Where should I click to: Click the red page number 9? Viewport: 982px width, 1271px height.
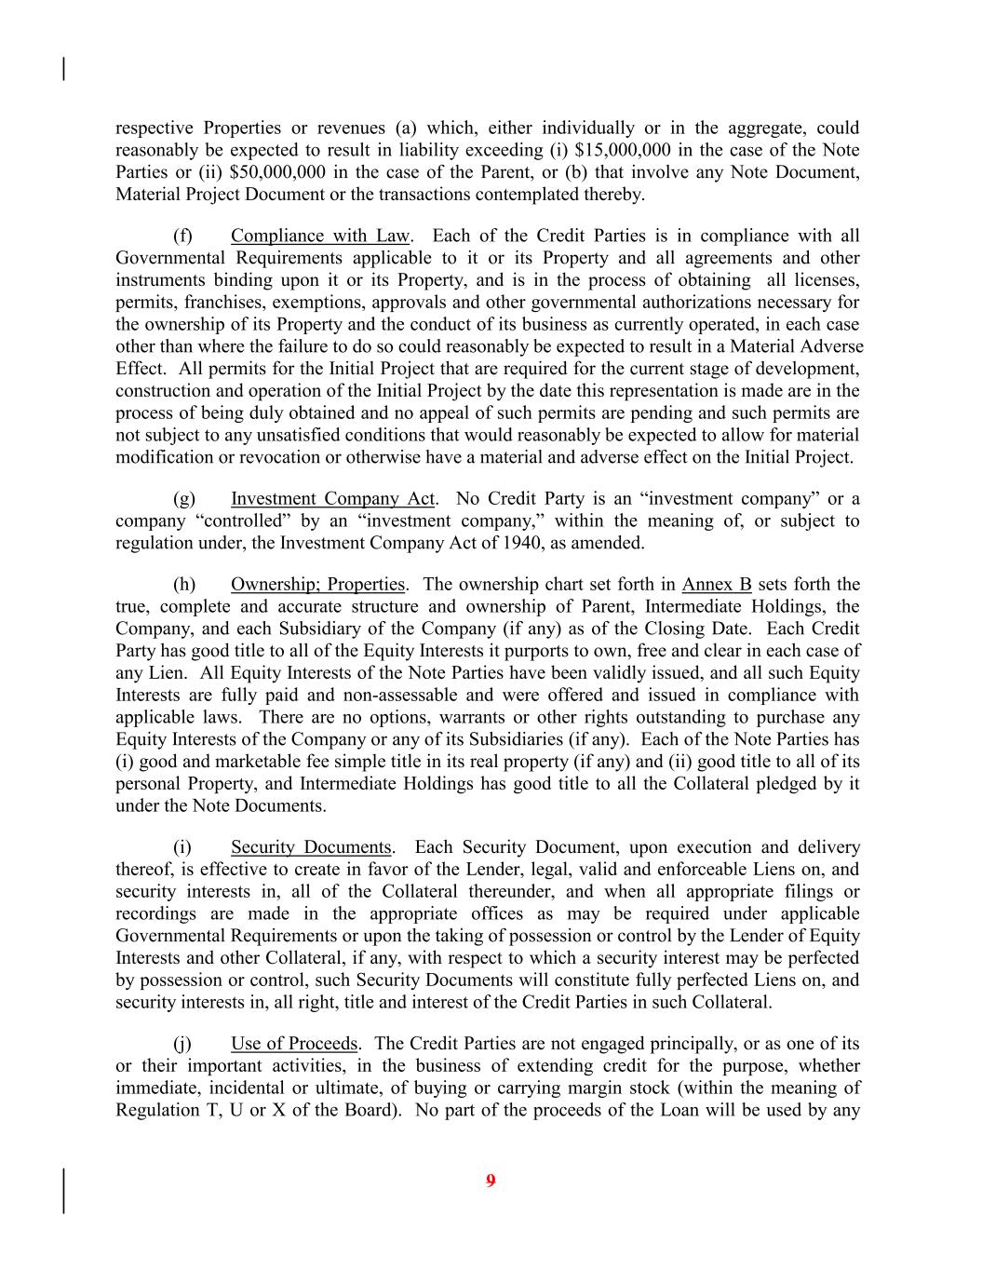[491, 1182]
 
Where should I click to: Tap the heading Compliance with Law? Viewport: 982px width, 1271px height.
[319, 237]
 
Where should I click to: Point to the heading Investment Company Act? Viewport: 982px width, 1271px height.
[332, 499]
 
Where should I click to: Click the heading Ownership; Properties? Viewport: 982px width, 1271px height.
[317, 585]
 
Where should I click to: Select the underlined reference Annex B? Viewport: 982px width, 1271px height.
[716, 585]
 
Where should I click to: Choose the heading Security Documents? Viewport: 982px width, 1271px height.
[311, 847]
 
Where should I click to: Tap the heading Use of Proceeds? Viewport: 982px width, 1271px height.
[293, 1044]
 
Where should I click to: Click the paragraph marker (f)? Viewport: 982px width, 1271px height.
[183, 237]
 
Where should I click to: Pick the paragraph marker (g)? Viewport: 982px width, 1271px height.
[184, 499]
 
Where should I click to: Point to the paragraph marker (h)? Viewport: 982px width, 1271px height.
[184, 585]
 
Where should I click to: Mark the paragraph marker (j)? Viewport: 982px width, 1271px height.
[183, 1044]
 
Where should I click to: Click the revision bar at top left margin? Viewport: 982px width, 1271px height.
[63, 69]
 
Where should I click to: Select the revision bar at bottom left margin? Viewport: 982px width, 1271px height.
[63, 1191]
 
